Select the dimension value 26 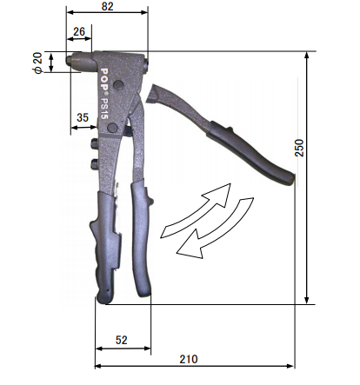[79, 31]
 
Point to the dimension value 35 [83, 116]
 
